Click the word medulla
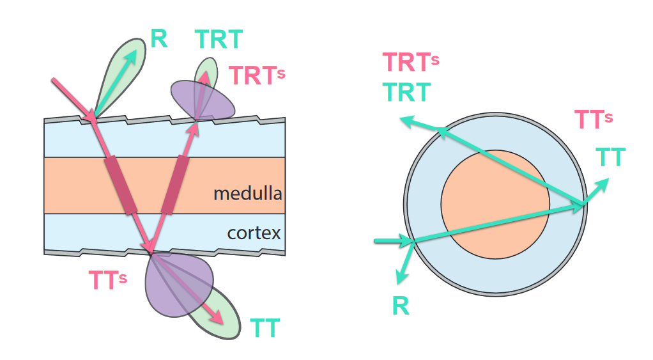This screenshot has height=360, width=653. [248, 192]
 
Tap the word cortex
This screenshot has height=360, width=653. [254, 233]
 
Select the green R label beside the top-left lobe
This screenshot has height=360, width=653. [159, 39]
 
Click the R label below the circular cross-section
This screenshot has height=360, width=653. [401, 306]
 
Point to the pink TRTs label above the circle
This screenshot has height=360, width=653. [411, 63]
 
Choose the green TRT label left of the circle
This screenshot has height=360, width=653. [407, 93]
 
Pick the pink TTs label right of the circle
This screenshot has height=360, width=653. [594, 120]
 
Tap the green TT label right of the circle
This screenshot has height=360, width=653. [610, 157]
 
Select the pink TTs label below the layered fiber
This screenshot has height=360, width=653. [109, 279]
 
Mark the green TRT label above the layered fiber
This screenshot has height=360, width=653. [219, 40]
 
